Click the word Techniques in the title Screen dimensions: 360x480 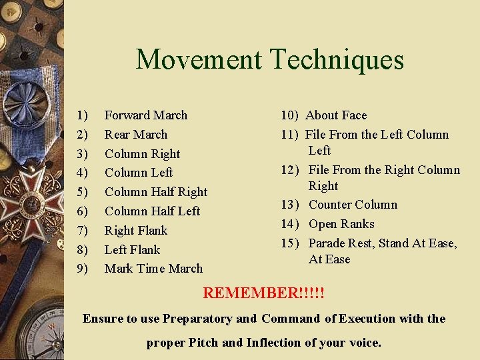click(x=337, y=59)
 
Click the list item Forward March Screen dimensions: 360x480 click(x=145, y=115)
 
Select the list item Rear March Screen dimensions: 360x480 click(x=135, y=135)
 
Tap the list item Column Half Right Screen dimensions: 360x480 click(x=155, y=192)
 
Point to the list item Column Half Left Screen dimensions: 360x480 click(x=152, y=211)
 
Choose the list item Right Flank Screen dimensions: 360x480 click(x=135, y=231)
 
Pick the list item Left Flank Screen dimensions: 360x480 click(x=132, y=250)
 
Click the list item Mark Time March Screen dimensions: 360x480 click(x=153, y=269)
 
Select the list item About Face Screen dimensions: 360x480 click(x=336, y=115)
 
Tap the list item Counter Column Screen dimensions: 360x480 click(x=353, y=205)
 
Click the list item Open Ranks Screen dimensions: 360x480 click(x=341, y=224)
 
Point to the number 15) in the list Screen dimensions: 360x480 click(x=290, y=243)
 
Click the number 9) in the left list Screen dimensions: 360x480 click(x=83, y=269)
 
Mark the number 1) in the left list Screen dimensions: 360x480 click(x=83, y=115)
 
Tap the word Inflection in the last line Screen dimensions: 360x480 click(x=273, y=343)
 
